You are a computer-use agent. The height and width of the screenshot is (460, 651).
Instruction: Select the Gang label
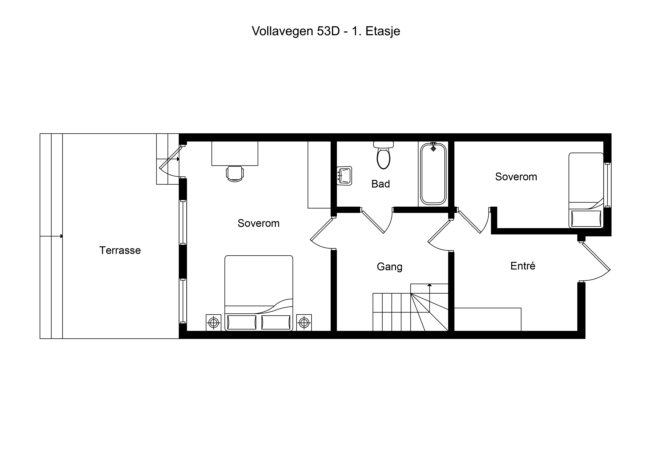tap(390, 267)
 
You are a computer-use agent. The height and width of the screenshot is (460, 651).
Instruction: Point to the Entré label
tap(523, 266)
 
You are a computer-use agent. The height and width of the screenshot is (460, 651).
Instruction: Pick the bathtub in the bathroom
tap(433, 174)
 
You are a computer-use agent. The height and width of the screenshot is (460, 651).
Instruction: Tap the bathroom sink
tap(344, 176)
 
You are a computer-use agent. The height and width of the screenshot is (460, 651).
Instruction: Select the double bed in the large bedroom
tap(259, 293)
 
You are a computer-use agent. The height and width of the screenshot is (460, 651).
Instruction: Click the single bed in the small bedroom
tap(586, 190)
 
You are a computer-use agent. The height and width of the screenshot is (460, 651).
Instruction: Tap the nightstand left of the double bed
tap(213, 323)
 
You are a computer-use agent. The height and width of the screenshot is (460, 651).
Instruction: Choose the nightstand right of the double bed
tap(304, 323)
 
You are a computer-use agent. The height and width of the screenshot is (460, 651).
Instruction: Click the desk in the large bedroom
tap(235, 153)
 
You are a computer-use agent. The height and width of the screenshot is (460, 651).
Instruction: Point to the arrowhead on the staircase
tap(430, 285)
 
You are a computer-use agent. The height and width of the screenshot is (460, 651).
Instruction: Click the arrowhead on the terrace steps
tap(62, 236)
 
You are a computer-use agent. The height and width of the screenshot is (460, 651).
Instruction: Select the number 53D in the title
tap(328, 31)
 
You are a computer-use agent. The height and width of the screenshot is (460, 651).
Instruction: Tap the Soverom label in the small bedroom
tap(516, 177)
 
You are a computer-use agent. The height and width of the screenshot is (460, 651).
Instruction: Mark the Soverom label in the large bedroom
tap(259, 223)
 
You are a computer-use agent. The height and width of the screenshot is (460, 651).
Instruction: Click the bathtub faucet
tap(433, 147)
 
